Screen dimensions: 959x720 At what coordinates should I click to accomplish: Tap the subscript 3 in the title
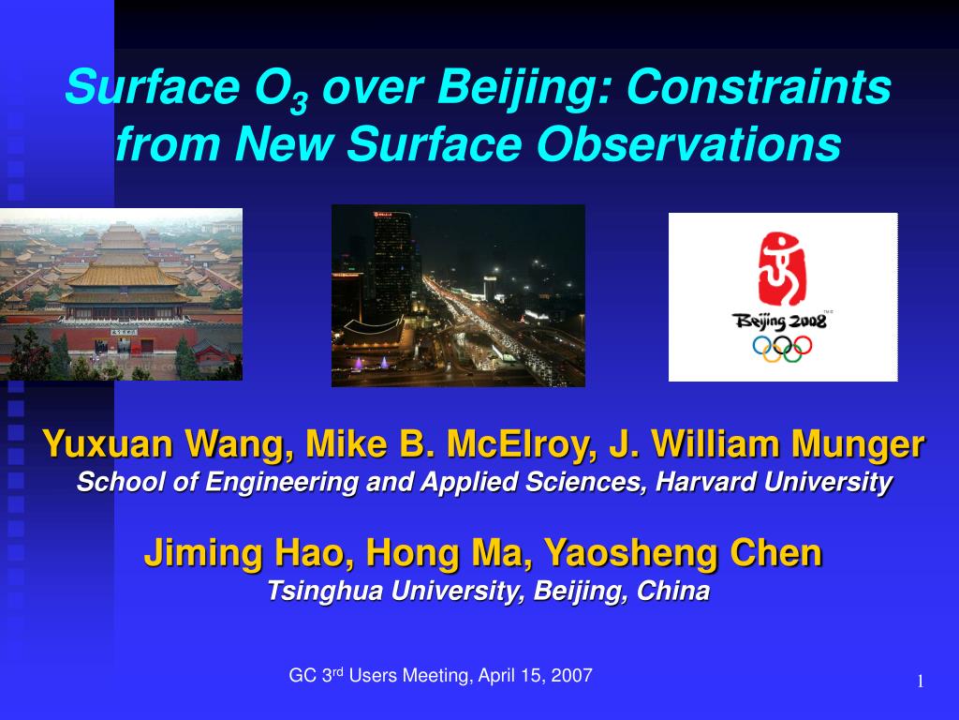coord(299,102)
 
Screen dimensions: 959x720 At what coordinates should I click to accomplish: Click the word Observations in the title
coord(688,143)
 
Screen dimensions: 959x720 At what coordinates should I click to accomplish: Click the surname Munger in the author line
coord(858,445)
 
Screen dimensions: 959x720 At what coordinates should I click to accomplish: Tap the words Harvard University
coord(774,482)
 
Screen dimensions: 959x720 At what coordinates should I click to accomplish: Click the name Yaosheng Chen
coord(683,553)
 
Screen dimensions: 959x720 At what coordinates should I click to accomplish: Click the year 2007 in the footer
coord(571,675)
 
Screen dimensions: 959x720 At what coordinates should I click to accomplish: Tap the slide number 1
coord(921,682)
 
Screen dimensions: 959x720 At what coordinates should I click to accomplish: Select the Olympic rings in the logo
coord(782,349)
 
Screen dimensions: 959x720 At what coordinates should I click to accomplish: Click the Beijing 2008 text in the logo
coord(779,322)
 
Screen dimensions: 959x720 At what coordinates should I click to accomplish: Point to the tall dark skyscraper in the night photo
coord(392,264)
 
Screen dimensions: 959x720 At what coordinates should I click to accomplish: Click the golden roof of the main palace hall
coord(124,275)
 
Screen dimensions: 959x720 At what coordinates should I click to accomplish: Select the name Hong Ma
coord(445,553)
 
